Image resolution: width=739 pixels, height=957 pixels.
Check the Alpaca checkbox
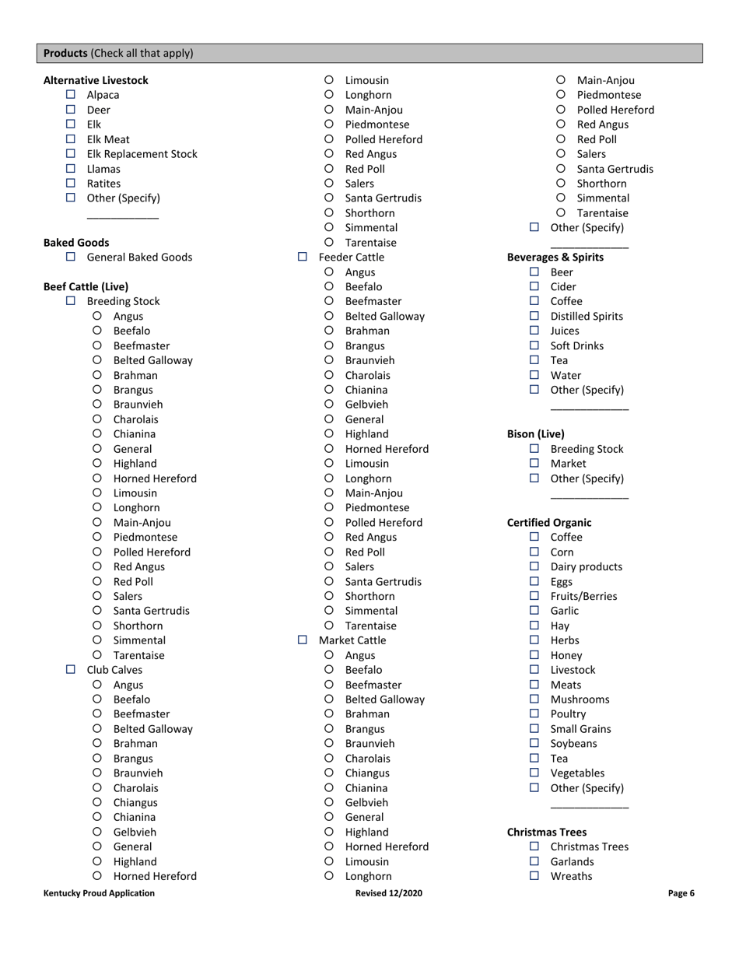point(71,95)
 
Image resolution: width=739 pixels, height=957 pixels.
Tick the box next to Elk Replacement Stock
point(71,154)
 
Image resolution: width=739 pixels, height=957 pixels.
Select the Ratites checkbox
point(71,184)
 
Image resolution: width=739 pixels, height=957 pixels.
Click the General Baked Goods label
point(139,258)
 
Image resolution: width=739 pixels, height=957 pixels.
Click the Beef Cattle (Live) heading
point(86,287)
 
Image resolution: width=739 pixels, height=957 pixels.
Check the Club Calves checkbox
point(71,670)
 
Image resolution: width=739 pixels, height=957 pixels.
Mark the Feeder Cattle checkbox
point(303,257)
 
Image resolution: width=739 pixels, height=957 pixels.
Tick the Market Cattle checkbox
point(303,640)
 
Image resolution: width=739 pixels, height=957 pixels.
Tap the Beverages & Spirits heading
point(555,258)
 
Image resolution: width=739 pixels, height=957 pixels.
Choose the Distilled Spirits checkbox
point(534,316)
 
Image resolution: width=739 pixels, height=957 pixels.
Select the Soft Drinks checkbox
point(534,345)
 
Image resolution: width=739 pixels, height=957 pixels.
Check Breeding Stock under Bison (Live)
point(534,449)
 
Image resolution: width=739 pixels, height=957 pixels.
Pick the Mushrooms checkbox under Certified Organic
point(534,699)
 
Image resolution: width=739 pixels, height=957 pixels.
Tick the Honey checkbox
point(534,655)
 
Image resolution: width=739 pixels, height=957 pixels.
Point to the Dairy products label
point(586,567)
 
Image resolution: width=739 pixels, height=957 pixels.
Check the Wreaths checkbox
point(534,876)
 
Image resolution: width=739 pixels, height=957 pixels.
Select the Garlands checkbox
point(534,861)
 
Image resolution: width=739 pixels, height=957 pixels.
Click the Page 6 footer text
point(681,893)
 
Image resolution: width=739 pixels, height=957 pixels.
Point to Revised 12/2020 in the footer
point(388,893)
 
